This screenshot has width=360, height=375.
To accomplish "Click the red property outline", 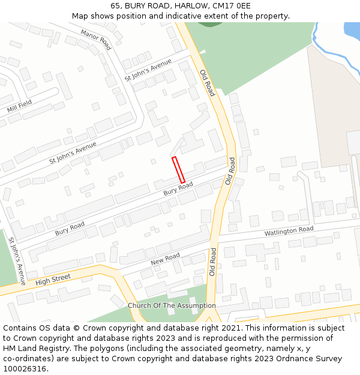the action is click(178, 170).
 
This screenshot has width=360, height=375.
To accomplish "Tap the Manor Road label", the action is click(96, 40).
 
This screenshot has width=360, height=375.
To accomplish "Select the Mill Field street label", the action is click(20, 107).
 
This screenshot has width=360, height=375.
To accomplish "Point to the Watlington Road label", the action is click(289, 231).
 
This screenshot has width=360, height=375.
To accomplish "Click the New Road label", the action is click(165, 259).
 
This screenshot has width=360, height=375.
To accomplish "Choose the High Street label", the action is click(53, 280).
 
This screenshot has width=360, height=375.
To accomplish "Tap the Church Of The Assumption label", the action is click(172, 305).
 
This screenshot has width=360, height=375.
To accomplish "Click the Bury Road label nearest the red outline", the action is click(178, 189).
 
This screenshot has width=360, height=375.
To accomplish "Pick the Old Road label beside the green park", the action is click(208, 82).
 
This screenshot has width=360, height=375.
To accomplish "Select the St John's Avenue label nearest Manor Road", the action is click(148, 70).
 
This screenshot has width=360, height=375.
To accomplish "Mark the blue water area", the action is click(352, 30).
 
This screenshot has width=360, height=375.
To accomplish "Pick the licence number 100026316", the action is click(26, 369).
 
